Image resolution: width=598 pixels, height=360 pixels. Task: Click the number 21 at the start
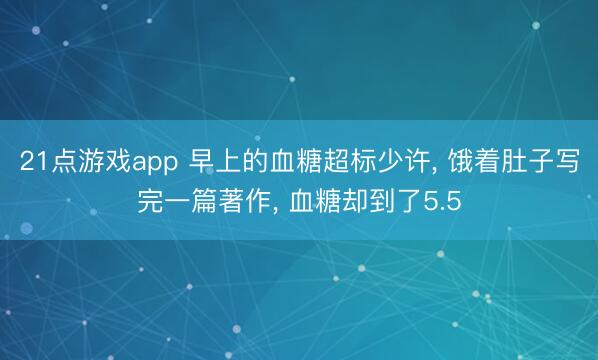(32, 161)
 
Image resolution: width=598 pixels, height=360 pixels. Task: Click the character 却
(353, 202)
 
